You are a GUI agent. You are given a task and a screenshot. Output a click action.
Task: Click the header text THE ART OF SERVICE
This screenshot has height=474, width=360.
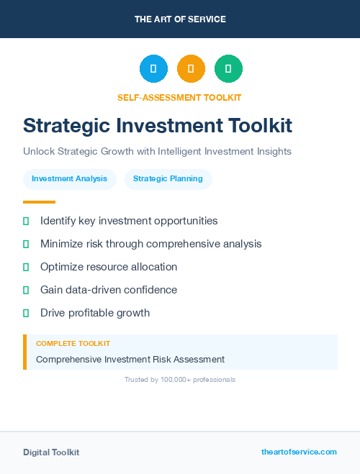180,19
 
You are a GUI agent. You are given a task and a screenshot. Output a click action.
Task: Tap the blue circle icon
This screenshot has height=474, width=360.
153,69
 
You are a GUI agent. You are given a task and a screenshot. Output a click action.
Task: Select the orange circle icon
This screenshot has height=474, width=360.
191,69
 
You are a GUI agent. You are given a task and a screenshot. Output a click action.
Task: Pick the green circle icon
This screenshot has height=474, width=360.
228,69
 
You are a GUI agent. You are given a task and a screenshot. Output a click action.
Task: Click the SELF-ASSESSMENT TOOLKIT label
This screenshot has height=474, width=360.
179,97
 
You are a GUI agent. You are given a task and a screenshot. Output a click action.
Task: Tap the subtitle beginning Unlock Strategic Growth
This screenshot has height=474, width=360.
157,152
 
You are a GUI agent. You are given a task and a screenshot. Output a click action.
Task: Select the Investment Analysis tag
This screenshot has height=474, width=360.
70,178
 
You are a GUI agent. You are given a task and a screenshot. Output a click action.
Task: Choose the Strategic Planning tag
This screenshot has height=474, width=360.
168,178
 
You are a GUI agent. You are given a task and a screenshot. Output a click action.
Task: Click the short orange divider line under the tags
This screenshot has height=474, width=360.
39,202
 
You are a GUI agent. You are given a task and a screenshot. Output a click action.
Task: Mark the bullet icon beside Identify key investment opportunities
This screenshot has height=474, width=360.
26,221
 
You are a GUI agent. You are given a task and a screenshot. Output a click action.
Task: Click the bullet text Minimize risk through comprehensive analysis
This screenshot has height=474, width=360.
151,244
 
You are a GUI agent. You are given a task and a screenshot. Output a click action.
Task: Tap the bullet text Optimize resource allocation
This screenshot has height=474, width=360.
109,267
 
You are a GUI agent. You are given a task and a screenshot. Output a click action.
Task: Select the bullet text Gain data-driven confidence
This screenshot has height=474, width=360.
109,290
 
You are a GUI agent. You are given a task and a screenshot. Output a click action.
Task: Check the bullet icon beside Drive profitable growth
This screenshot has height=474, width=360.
26,313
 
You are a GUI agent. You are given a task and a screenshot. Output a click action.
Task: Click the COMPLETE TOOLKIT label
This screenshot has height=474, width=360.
73,344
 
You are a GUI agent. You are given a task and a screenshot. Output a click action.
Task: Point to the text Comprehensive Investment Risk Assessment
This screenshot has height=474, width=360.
130,359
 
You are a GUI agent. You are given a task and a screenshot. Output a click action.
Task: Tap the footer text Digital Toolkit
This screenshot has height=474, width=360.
51,452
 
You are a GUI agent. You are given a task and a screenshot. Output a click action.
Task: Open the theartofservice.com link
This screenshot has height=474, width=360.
299,452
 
